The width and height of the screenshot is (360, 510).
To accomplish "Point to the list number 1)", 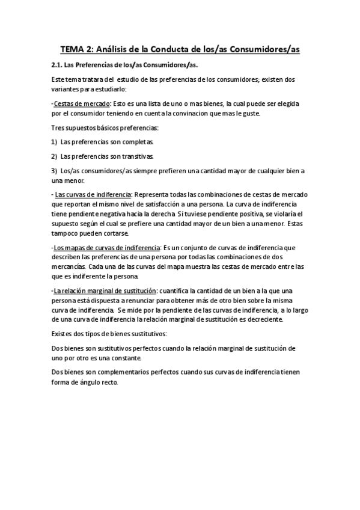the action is [55, 142].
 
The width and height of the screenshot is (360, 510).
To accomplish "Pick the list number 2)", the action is [55, 156].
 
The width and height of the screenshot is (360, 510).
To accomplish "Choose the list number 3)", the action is [55, 170].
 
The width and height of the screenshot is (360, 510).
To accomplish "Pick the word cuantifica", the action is [178, 290].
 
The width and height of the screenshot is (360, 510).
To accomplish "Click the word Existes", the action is [63, 334].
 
